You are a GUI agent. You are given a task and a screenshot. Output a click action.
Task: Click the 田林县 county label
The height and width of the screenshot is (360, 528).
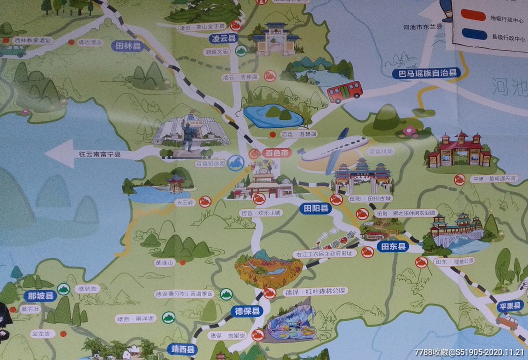[x=128, y=46]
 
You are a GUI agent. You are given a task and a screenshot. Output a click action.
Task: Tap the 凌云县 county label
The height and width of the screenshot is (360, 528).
[x=223, y=38]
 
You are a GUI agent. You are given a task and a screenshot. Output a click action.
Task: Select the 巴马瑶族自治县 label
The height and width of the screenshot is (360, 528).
[x=425, y=73]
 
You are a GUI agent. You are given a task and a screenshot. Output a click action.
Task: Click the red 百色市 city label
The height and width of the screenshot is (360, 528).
[x=276, y=153]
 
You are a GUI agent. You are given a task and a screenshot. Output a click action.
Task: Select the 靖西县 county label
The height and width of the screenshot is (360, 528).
[x=182, y=349]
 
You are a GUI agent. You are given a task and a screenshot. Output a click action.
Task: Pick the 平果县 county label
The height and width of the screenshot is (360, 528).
[x=509, y=305]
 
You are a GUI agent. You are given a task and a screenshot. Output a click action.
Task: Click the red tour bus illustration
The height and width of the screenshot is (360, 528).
[x=344, y=91]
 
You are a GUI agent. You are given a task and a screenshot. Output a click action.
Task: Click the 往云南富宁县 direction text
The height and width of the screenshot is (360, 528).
[x=100, y=154]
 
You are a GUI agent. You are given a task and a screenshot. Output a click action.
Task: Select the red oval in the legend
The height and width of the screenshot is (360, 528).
[x=472, y=16]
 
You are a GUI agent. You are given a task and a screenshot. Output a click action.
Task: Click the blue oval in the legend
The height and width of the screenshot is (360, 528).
[x=472, y=34]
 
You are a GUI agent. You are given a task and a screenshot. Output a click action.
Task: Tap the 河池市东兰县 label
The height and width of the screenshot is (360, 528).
[x=422, y=26]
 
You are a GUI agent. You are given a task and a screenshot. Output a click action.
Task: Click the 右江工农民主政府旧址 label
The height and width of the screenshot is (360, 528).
[x=325, y=253]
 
